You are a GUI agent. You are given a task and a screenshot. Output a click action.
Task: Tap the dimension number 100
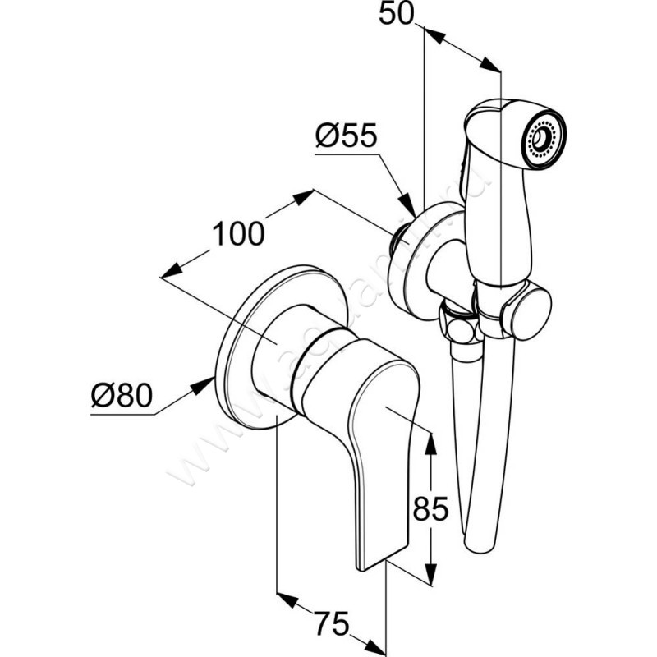[x=238, y=233]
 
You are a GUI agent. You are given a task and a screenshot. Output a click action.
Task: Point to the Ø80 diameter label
[x=121, y=397]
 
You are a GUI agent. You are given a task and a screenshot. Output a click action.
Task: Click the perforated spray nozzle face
[x=544, y=137]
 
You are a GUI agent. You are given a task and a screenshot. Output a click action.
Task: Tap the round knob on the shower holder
[x=528, y=310]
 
